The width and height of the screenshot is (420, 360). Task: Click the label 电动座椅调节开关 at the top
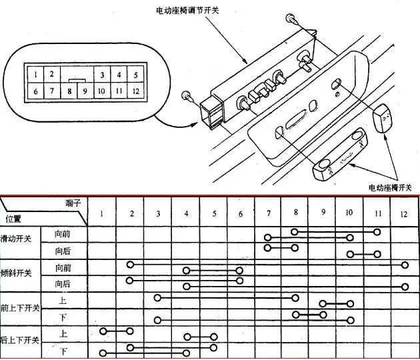coord(187,11)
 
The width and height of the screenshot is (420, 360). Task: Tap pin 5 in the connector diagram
coord(136,75)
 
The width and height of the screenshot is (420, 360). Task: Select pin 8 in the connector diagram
coord(69,91)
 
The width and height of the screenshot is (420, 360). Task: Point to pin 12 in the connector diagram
coord(136,91)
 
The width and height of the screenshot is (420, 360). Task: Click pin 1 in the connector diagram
coord(35,74)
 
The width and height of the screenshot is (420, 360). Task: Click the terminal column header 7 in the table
coord(269,213)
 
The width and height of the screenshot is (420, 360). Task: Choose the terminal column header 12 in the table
coord(403,214)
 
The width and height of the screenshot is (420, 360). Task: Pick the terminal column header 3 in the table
coord(158,213)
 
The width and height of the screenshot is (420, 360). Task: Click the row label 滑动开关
coord(16,239)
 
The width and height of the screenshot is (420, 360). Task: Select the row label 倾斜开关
coord(16,273)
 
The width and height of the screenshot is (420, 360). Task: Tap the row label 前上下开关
coord(20,308)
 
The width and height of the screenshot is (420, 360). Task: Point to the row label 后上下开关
coord(20,340)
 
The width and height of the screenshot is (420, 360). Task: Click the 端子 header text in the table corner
coord(73,203)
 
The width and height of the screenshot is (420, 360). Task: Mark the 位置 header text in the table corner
coord(13,219)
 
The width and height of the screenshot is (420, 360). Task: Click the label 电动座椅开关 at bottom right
coord(390,187)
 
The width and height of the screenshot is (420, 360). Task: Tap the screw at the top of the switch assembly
coord(292,19)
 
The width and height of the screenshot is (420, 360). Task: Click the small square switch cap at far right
coord(382,118)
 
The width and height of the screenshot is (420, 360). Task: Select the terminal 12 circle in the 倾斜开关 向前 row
coord(405,265)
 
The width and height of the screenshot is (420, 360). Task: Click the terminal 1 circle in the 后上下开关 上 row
coord(103,331)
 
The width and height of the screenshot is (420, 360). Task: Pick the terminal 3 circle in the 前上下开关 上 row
coord(157,297)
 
